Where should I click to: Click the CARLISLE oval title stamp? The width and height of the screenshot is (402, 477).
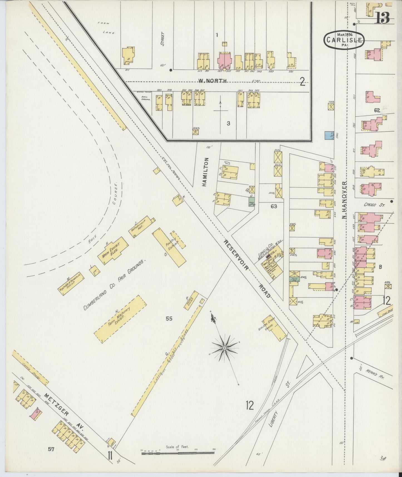click(344, 40)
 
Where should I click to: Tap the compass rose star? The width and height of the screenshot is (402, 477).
click(225, 348)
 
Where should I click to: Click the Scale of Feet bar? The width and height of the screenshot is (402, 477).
click(178, 453)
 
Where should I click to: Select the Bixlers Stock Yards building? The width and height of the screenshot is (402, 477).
click(274, 327)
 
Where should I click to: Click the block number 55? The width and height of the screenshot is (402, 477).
click(169, 319)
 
